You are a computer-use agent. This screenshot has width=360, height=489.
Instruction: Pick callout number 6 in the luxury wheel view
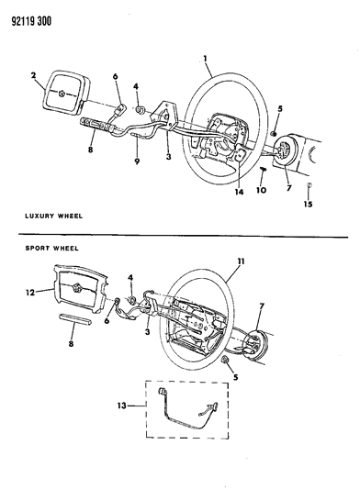(116, 77)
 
